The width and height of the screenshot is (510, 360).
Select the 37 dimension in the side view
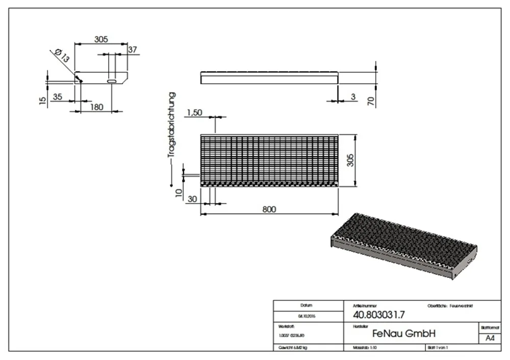pyautogui.click(x=133, y=49)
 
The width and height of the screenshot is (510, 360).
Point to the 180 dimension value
pyautogui.click(x=96, y=107)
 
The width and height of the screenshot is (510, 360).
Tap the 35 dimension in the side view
pyautogui.click(x=58, y=96)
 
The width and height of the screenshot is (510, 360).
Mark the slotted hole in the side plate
pyautogui.click(x=111, y=80)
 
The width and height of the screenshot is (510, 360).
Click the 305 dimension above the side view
pyautogui.click(x=101, y=39)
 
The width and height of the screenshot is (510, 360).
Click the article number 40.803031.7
pyautogui.click(x=373, y=315)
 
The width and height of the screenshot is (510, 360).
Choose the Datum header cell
pyautogui.click(x=307, y=305)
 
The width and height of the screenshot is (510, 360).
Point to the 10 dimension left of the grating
pyautogui.click(x=177, y=193)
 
